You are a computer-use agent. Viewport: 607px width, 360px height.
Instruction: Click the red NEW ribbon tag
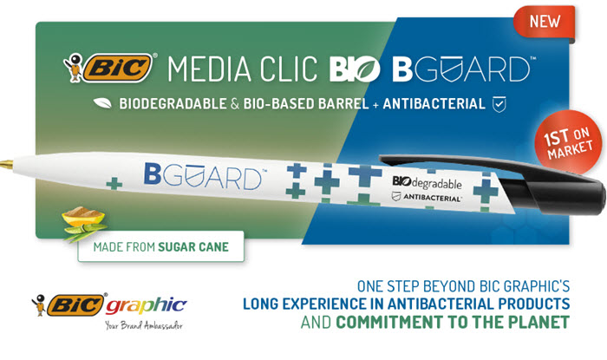click(x=545, y=22)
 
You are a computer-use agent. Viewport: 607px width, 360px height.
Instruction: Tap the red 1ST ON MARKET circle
click(x=568, y=142)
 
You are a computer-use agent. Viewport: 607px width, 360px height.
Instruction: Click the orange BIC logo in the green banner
click(x=117, y=69)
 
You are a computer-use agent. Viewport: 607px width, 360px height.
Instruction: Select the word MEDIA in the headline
click(x=210, y=69)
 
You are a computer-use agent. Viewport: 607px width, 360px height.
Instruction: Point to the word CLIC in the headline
click(x=289, y=69)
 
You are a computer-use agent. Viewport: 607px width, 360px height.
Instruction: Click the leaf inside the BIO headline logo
click(x=367, y=69)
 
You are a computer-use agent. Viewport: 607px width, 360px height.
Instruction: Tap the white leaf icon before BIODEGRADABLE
click(x=102, y=103)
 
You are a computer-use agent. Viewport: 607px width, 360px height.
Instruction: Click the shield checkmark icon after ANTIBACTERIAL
click(x=499, y=104)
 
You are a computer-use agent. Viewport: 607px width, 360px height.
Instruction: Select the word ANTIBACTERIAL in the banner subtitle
click(x=434, y=104)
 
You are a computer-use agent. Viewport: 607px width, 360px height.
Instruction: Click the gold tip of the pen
click(x=6, y=164)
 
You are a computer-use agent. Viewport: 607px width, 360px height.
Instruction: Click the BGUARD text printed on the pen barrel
click(x=203, y=176)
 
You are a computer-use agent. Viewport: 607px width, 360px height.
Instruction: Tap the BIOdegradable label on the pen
click(x=427, y=182)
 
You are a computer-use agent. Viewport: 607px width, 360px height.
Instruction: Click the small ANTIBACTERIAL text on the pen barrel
click(x=433, y=198)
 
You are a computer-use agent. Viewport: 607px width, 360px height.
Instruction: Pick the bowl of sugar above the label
click(x=83, y=215)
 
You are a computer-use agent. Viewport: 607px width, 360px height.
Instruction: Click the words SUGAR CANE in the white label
click(x=193, y=247)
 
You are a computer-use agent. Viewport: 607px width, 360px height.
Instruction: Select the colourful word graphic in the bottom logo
click(x=146, y=306)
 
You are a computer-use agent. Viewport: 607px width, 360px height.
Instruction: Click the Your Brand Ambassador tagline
click(x=144, y=325)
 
